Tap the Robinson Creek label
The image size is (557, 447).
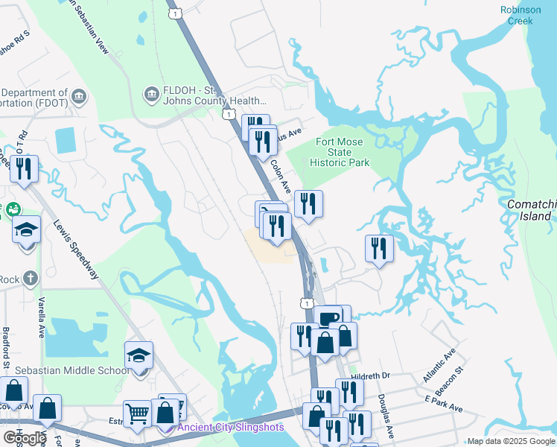point(521,16)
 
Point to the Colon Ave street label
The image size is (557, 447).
point(280,176)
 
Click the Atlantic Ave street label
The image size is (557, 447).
point(439,366)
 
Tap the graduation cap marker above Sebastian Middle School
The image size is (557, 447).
point(139,356)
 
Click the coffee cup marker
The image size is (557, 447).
point(328,319)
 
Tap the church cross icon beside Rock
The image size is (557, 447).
point(30,279)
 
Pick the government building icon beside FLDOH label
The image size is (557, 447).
point(150,95)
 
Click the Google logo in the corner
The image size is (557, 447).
point(24,437)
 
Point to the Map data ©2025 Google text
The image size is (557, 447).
point(510,441)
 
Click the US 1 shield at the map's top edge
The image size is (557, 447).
point(174,13)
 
